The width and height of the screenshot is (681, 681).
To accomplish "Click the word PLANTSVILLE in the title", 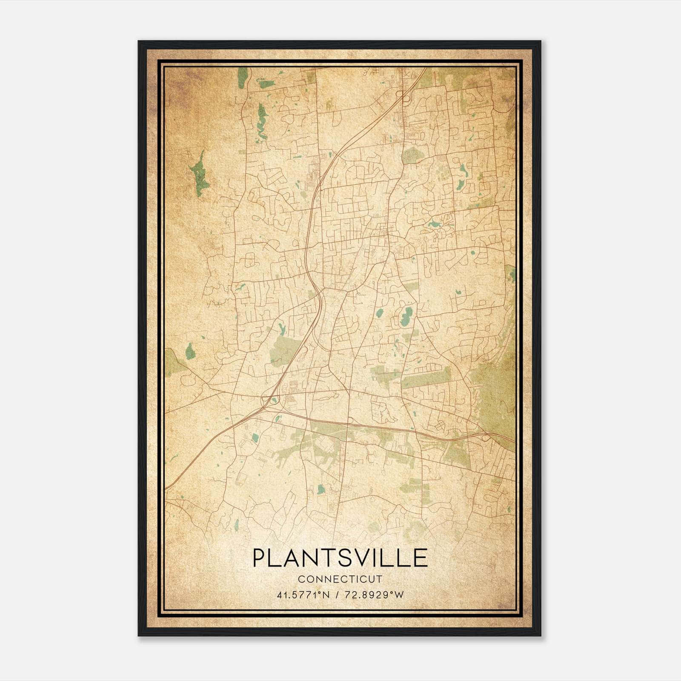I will pyautogui.click(x=340, y=558).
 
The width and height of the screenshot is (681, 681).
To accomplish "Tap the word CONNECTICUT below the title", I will pyautogui.click(x=340, y=579).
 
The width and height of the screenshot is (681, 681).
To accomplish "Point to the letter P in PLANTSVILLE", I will pyautogui.click(x=259, y=558).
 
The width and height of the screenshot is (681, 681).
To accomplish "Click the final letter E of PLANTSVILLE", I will pyautogui.click(x=421, y=558).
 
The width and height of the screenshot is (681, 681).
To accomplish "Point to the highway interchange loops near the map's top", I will pyautogui.click(x=403, y=96).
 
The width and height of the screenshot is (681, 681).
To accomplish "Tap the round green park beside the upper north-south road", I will pyautogui.click(x=411, y=155).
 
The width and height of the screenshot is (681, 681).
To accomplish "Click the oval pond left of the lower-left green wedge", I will pyautogui.click(x=189, y=352).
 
